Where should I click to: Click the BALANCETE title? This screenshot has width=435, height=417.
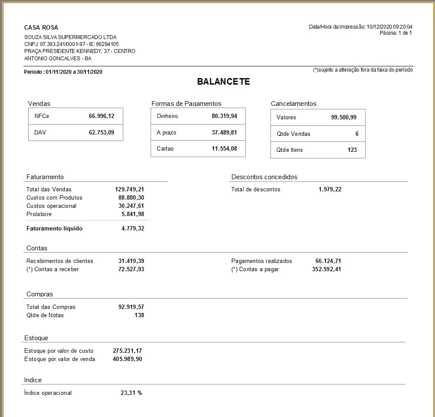pos(223,82)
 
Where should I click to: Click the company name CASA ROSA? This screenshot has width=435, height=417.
pos(41,27)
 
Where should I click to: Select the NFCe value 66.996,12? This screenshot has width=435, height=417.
pos(102,116)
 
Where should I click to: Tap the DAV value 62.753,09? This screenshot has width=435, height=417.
pos(102,133)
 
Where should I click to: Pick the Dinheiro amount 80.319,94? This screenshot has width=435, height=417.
pos(224,116)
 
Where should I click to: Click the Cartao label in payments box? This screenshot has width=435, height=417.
pos(165,149)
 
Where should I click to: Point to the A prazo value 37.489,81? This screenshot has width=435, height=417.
pos(224,133)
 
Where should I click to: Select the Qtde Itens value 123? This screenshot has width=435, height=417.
pos(352,150)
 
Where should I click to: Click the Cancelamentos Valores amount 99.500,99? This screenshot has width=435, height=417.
pos(344,118)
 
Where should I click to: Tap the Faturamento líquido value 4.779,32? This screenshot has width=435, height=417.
pos(133,228)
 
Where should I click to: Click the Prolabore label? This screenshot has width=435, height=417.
pos(39,214)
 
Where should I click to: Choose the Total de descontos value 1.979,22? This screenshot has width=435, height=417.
pos(330,189)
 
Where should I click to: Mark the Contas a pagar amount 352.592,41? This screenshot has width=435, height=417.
pos(326,269)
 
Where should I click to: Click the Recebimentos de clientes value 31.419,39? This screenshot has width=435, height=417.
pos(131,261)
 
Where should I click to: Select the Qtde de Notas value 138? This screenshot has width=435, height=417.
pos(139,315)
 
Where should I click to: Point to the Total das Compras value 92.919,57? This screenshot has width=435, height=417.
pos(131,307)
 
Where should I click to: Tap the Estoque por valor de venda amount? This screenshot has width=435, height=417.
pos(127,359)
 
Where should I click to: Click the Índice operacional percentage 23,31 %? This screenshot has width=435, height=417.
pos(131,393)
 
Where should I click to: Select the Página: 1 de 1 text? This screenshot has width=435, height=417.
pos(395,33)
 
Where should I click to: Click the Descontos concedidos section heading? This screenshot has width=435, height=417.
pos(264,177)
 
